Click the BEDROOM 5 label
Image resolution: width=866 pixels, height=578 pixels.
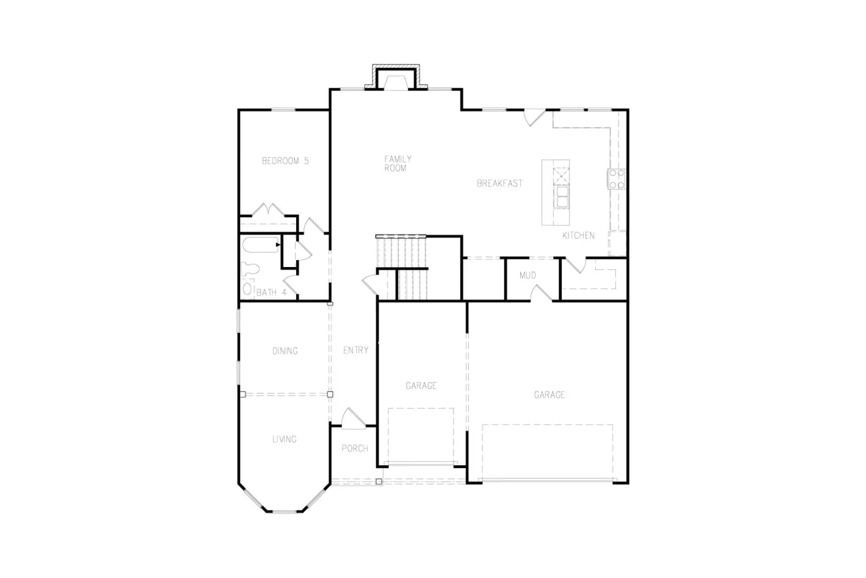point(285,160)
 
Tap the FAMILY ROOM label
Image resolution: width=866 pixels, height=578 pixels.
point(398,163)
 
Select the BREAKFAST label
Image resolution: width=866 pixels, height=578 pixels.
point(500,184)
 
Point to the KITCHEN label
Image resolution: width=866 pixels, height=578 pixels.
point(579,235)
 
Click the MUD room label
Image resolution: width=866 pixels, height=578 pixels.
point(528,275)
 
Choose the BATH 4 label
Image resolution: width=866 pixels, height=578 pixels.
point(271,292)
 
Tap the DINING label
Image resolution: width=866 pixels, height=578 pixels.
point(285,351)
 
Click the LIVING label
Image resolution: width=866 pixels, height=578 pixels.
point(285,439)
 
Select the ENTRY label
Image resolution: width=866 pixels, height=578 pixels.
point(356,350)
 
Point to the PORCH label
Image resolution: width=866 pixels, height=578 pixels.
point(355,449)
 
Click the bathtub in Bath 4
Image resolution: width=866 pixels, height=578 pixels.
point(260,245)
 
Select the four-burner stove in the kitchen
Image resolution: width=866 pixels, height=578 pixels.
point(616,179)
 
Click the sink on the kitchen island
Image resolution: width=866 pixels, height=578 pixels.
point(561,197)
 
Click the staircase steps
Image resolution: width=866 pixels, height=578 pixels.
point(402,268)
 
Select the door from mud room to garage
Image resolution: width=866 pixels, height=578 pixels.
point(541,294)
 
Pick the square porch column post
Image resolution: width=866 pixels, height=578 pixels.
point(379,481)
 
